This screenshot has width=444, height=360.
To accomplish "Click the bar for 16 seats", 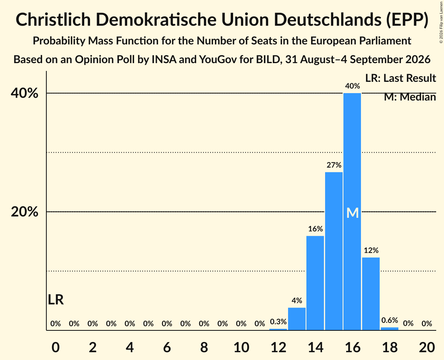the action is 352,212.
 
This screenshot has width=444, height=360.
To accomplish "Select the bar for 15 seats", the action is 334,251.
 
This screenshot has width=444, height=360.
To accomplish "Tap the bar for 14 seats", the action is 315,283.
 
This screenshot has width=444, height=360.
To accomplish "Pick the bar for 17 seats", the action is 371,294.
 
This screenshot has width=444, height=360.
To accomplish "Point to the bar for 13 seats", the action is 297,319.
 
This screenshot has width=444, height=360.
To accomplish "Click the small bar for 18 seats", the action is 390,329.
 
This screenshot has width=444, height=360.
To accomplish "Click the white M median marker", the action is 352,213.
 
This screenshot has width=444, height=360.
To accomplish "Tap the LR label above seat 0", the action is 56,300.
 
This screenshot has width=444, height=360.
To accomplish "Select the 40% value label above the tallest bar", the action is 352,86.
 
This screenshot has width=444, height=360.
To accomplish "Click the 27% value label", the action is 334,165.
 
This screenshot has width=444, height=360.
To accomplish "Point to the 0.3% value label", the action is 278,321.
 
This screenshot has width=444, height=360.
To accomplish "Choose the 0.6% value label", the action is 390,320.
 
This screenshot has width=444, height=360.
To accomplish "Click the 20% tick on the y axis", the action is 25,212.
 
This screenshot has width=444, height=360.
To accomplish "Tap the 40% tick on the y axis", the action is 25,93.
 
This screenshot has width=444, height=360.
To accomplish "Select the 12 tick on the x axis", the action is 278,347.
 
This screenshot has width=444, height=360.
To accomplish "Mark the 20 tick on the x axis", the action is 427,347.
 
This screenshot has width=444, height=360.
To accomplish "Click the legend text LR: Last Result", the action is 400,78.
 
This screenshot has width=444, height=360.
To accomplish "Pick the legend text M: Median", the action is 410,97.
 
